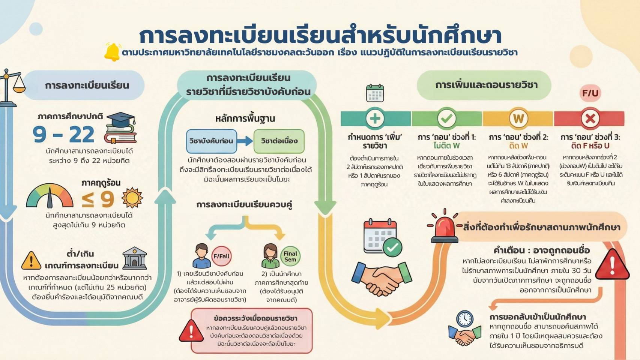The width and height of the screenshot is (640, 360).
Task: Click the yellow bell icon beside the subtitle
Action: (112, 52)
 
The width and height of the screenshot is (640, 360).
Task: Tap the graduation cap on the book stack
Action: (120, 120)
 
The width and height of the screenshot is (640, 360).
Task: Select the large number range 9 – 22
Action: (63, 135)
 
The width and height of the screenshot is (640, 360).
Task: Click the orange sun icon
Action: (132, 198)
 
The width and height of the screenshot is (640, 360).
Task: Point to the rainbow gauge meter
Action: (50, 196)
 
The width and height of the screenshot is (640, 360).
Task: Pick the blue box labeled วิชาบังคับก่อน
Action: (212, 141)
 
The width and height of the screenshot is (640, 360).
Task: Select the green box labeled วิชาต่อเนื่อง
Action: (279, 141)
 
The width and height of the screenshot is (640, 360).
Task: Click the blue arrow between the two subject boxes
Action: (245, 141)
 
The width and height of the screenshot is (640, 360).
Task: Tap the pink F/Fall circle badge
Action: (221, 256)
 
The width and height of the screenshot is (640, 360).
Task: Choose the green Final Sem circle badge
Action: (290, 256)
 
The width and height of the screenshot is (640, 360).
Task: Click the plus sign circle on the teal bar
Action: (375, 118)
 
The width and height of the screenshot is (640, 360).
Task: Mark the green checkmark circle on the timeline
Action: (446, 118)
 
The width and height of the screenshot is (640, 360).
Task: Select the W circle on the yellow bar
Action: (518, 118)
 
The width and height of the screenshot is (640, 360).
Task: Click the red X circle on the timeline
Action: (590, 118)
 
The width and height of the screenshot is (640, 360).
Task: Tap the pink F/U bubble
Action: (590, 93)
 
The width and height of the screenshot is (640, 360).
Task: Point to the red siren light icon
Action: (445, 226)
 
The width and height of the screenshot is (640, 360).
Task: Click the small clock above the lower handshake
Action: (464, 319)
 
